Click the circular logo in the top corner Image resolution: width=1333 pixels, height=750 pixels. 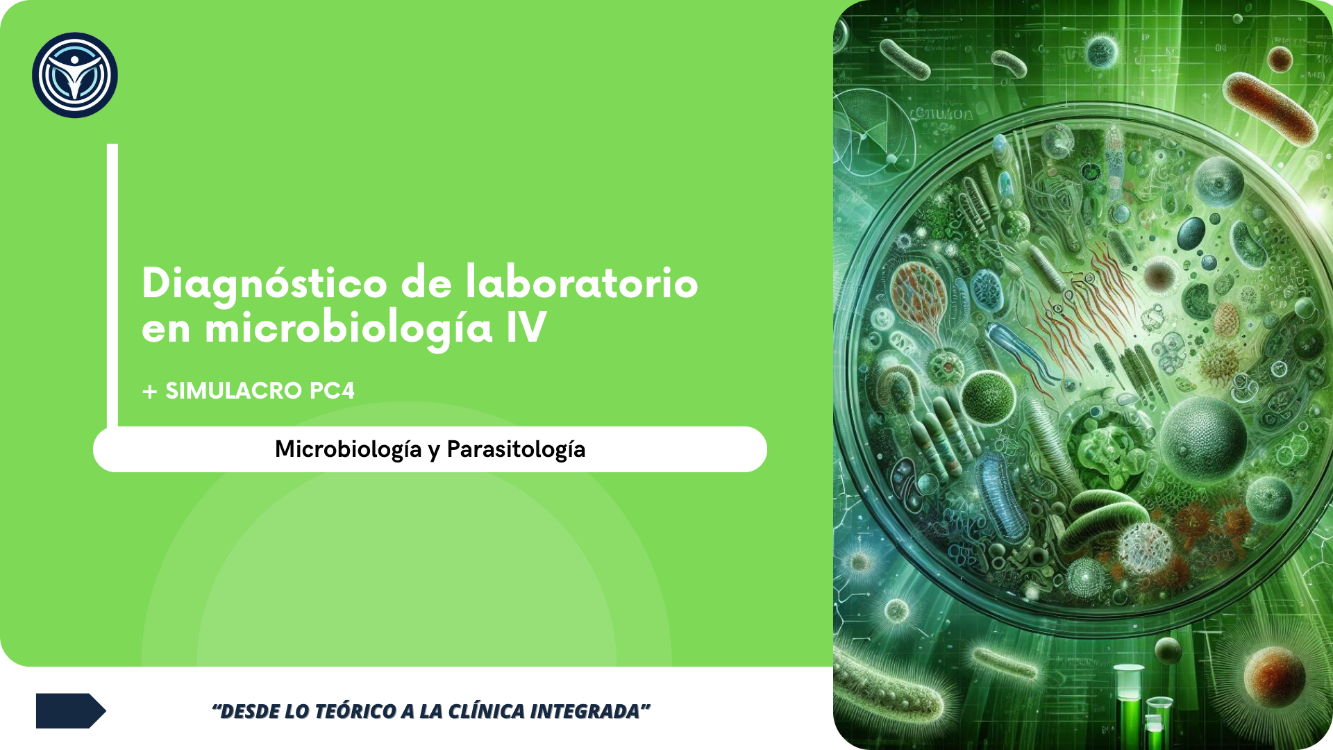[75, 75]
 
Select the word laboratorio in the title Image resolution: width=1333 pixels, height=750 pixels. [582, 283]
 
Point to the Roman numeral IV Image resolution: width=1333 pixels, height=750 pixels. [526, 327]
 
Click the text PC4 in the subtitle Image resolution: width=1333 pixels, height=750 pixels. [332, 391]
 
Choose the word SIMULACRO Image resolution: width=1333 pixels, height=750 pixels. [233, 391]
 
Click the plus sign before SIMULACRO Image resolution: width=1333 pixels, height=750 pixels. [149, 392]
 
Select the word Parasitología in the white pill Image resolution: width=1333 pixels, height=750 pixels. [516, 450]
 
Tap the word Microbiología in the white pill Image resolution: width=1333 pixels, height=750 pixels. [349, 450]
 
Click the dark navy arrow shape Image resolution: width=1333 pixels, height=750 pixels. [71, 710]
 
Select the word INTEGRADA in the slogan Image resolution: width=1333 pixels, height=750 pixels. [585, 711]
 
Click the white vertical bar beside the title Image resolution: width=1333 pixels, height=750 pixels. [112, 285]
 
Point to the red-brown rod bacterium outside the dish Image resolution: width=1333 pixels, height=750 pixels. [1270, 107]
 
